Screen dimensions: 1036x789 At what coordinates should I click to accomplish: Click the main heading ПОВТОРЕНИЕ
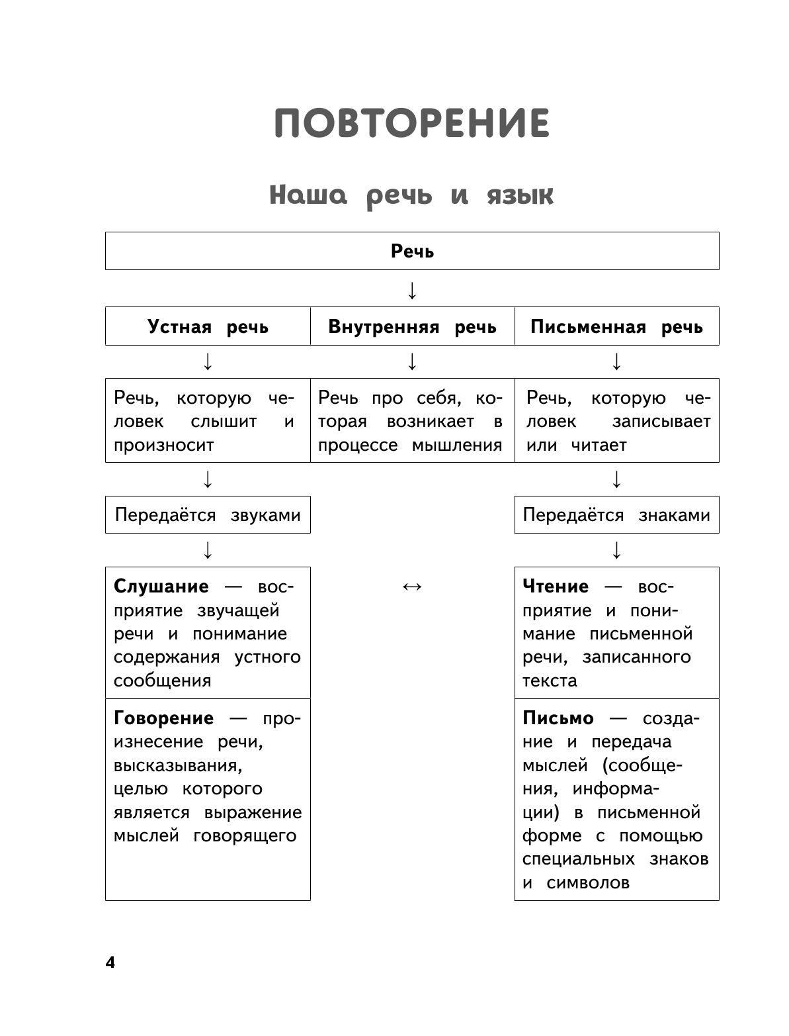tap(411, 123)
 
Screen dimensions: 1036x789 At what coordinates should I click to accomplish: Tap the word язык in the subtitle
tap(520, 196)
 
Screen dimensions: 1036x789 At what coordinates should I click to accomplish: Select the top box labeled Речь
tap(412, 252)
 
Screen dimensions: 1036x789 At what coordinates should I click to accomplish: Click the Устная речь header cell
tap(208, 327)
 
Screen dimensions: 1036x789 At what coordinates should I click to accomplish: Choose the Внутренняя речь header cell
tap(412, 327)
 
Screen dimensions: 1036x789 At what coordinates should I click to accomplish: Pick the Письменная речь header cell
tap(616, 327)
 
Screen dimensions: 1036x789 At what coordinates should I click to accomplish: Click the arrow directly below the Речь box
tap(412, 290)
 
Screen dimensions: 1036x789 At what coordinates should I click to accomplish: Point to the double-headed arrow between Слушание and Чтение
tap(412, 587)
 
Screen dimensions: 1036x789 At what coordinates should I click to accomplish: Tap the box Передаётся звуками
tap(208, 515)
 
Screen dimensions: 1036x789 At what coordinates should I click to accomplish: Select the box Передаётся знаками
tap(616, 515)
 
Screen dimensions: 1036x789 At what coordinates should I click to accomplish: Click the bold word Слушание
tap(161, 587)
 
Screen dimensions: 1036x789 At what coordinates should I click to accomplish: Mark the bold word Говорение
tap(163, 718)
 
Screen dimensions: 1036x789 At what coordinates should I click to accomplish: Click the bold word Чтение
tap(555, 587)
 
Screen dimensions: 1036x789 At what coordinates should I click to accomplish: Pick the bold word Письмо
tap(558, 718)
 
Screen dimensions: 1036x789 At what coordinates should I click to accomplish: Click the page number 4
tap(110, 963)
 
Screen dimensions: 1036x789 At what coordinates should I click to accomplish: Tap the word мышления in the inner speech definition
tap(457, 445)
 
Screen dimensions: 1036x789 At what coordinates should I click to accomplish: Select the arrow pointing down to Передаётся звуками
tap(208, 479)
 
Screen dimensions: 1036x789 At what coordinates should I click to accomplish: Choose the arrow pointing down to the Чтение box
tap(616, 550)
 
